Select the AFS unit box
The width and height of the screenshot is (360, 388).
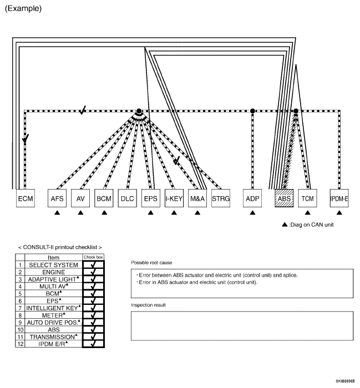pos(57,198)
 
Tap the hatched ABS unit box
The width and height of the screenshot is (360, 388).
pos(284,198)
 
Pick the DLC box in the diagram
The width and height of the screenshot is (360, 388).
pos(127,198)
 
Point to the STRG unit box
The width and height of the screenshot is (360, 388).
pos(221,198)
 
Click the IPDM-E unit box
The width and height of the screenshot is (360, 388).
pos(339,198)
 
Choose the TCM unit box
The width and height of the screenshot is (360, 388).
pos(307,198)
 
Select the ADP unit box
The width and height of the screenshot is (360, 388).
pos(252,198)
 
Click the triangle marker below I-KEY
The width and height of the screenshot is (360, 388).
pos(174,212)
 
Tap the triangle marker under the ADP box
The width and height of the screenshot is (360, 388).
pos(252,212)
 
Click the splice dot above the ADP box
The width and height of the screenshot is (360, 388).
pos(252,111)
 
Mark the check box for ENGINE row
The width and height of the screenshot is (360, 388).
pos(93,272)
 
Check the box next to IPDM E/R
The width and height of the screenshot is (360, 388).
pos(93,344)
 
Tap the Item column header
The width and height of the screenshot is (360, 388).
pos(54,258)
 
